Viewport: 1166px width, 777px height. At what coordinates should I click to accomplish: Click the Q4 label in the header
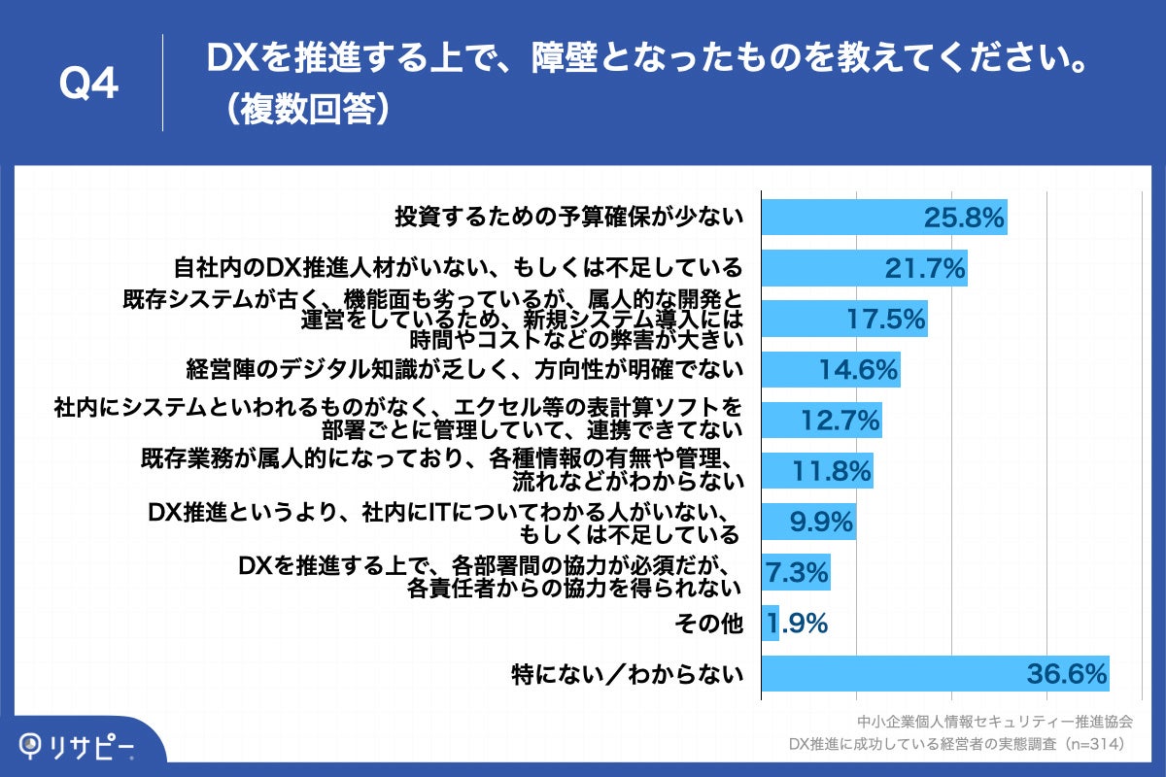(88, 84)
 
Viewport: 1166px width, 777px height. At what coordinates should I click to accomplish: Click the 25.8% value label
(962, 218)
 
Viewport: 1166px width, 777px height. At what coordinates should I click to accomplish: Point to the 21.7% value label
(924, 268)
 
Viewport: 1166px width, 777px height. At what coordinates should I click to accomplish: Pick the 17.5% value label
(884, 319)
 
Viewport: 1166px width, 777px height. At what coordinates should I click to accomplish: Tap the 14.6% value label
(857, 369)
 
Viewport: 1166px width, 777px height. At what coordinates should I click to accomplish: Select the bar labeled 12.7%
(821, 421)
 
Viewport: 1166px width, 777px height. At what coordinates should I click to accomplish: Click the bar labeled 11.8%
(817, 471)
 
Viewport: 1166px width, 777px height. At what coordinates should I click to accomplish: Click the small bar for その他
(770, 623)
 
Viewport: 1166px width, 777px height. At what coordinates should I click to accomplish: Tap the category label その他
(708, 624)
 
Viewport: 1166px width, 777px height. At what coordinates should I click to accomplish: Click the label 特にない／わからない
(628, 674)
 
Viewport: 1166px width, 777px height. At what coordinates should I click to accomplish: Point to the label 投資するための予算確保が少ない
(568, 218)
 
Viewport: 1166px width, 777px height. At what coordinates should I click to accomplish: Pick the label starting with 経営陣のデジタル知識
(464, 369)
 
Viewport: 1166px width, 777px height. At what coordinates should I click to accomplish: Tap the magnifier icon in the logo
(33, 746)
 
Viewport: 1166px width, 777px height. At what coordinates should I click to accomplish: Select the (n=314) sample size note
(1093, 745)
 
